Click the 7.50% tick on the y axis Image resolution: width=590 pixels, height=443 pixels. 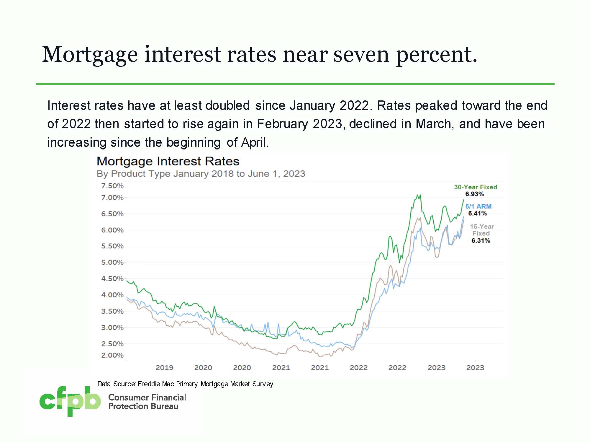coord(112,186)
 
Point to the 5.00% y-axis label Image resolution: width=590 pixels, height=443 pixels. coord(112,262)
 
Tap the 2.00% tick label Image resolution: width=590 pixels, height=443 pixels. coord(112,355)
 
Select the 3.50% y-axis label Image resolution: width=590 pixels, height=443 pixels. coord(112,311)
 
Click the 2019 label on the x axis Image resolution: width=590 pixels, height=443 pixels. coord(164,368)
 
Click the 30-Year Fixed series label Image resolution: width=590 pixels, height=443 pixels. coord(476,187)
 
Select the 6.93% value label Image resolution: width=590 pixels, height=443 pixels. coord(474,194)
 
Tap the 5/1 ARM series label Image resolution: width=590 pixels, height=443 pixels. coord(478,206)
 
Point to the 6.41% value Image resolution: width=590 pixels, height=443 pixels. coord(477,213)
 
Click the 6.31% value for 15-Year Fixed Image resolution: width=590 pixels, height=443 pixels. coord(481,240)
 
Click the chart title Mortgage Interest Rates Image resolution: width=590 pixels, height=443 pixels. coord(168,161)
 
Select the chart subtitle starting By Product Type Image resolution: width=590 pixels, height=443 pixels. coord(201,174)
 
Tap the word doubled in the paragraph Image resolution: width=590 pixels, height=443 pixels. coord(227,105)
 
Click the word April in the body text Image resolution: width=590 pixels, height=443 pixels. coord(254,142)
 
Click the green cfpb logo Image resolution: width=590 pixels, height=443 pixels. coord(70,401)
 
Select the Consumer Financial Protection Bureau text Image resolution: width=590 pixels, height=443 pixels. coord(147,402)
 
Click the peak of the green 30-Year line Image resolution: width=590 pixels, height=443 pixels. coord(417,195)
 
